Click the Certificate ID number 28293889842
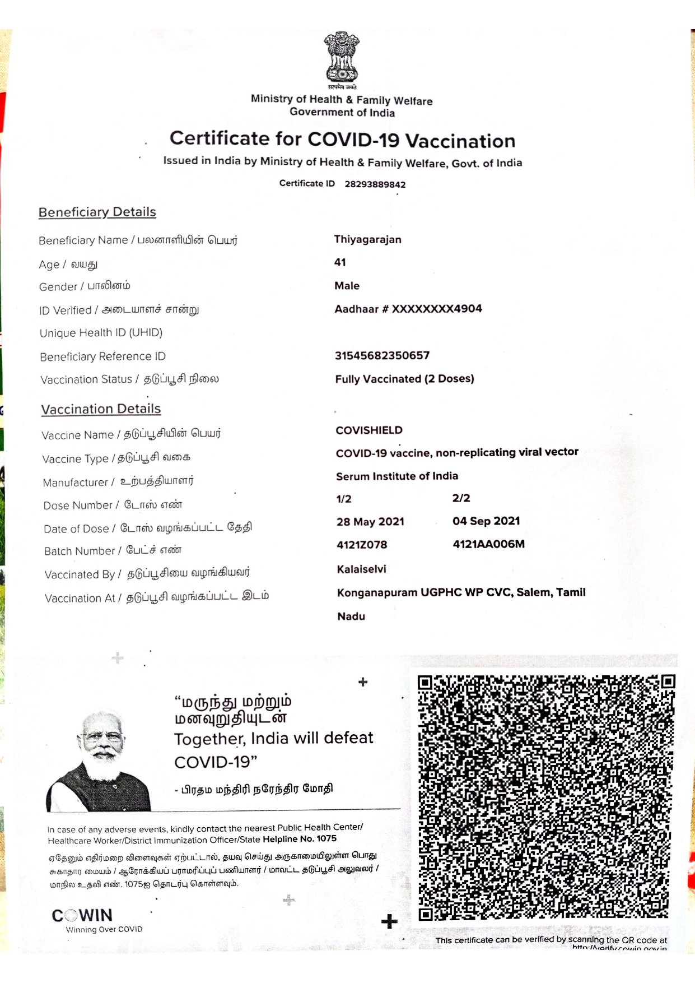pyautogui.click(x=375, y=184)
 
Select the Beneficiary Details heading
pyautogui.click(x=97, y=212)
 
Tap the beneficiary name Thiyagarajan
pyautogui.click(x=367, y=239)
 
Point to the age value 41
pyautogui.click(x=340, y=262)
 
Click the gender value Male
pyautogui.click(x=347, y=286)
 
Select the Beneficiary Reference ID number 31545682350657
pyautogui.click(x=382, y=355)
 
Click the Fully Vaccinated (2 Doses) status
pyautogui.click(x=404, y=379)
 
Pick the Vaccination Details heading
pyautogui.click(x=101, y=409)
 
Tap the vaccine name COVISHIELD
pyautogui.click(x=369, y=430)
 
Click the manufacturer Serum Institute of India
pyautogui.click(x=397, y=476)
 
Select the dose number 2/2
pyautogui.click(x=461, y=498)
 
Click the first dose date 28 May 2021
pyautogui.click(x=370, y=522)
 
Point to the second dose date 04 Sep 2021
pyautogui.click(x=486, y=521)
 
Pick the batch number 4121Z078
pyautogui.click(x=362, y=545)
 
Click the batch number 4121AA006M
pyautogui.click(x=488, y=544)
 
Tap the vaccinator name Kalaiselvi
pyautogui.click(x=361, y=569)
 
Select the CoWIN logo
pyautogui.click(x=82, y=915)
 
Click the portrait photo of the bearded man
pyautogui.click(x=101, y=761)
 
